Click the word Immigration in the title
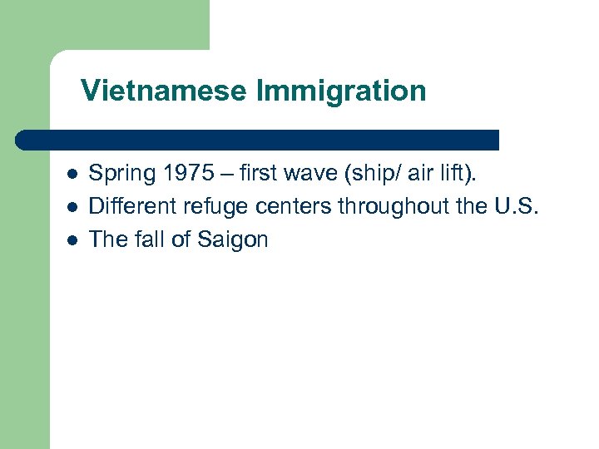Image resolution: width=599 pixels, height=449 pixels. click(341, 91)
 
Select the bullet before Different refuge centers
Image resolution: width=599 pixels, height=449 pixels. click(72, 207)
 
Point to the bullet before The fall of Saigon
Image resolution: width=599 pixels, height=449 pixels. click(72, 240)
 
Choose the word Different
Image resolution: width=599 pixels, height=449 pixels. click(126, 206)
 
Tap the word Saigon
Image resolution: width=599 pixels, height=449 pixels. click(233, 240)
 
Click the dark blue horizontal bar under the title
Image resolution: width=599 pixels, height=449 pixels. click(258, 139)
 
